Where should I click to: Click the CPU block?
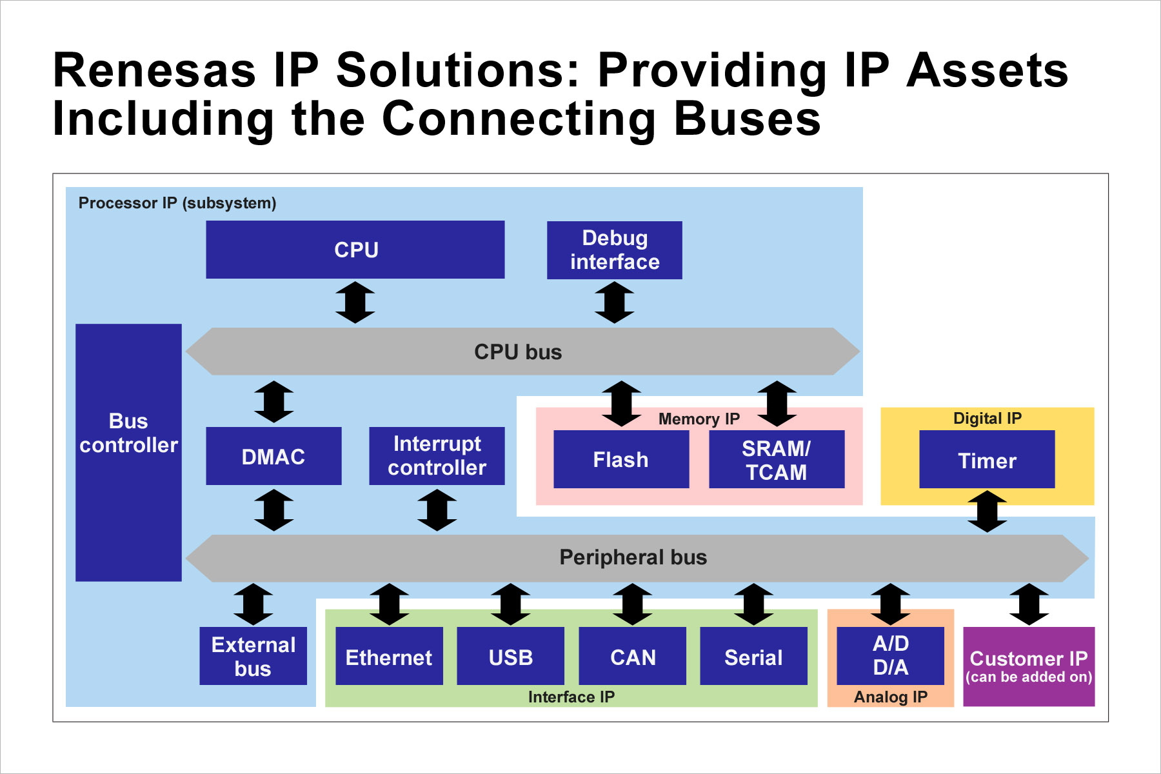click(x=355, y=250)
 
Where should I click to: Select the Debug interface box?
click(x=614, y=250)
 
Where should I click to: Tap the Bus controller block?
click(x=128, y=451)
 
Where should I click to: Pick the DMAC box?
click(x=273, y=456)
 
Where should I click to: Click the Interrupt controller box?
click(x=437, y=456)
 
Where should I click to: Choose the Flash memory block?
click(x=620, y=459)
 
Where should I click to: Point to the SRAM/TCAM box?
click(x=776, y=459)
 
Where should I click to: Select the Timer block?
click(x=986, y=460)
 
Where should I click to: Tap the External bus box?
click(x=253, y=656)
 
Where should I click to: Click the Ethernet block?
click(x=389, y=657)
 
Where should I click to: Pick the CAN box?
click(x=632, y=657)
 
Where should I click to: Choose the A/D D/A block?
click(x=890, y=655)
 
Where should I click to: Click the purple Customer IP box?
click(x=1028, y=666)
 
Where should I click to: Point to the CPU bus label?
click(x=518, y=352)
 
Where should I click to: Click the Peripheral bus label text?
click(x=633, y=557)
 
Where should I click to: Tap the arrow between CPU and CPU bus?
click(x=355, y=302)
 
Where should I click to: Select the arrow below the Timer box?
click(x=987, y=511)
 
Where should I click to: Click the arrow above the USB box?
click(x=511, y=604)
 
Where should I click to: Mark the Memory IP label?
click(x=699, y=419)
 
